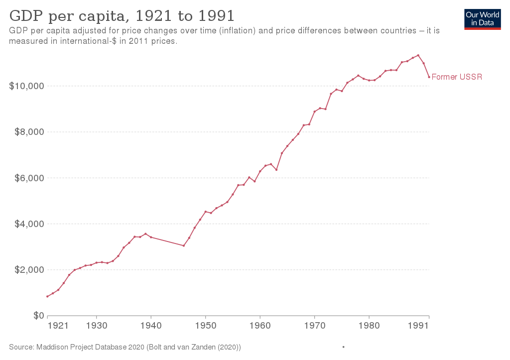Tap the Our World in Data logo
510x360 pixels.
pyautogui.click(x=482, y=19)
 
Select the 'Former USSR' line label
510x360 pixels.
pyautogui.click(x=457, y=77)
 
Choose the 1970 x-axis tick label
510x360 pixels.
pyautogui.click(x=314, y=326)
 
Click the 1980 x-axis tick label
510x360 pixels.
pyautogui.click(x=369, y=326)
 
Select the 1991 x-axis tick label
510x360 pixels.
pyautogui.click(x=419, y=326)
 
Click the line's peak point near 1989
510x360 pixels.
pyautogui.click(x=418, y=55)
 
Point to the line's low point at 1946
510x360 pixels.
pyautogui.click(x=184, y=245)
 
